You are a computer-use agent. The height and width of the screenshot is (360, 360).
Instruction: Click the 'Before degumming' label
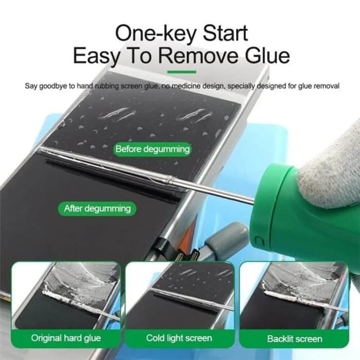point(152,150)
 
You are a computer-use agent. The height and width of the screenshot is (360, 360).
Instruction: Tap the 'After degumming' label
point(97,208)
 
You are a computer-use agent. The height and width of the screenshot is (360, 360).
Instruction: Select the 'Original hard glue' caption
point(66,338)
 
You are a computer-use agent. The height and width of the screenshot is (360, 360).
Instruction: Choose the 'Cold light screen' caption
point(179,338)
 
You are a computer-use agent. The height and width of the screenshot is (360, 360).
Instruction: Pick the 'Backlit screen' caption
point(295,338)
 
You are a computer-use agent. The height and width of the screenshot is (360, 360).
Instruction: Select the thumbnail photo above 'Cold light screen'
point(179,296)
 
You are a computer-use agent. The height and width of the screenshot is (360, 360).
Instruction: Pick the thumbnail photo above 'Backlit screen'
point(294,296)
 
